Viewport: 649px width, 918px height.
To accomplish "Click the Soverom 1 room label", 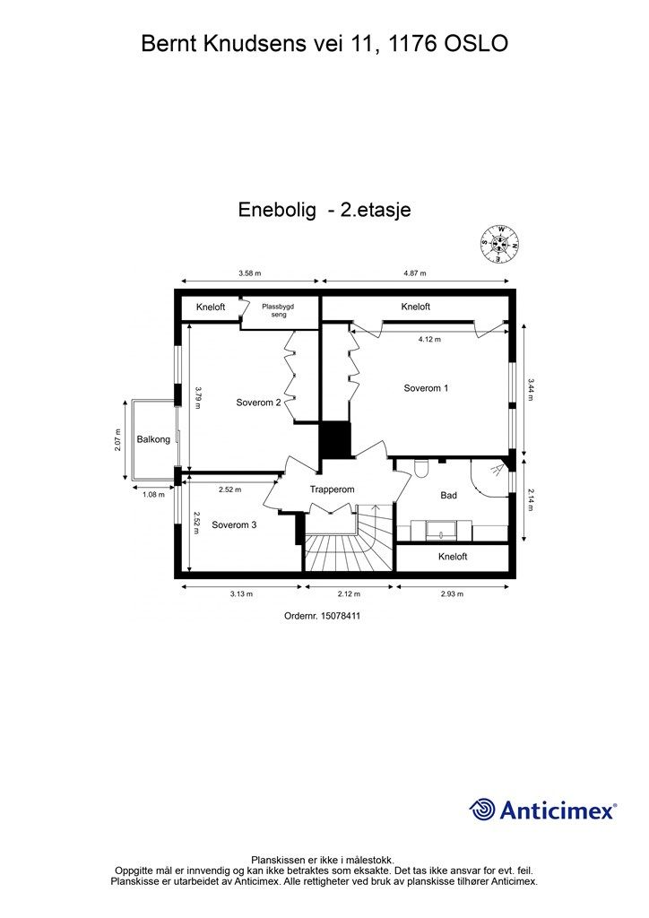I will click(x=426, y=388).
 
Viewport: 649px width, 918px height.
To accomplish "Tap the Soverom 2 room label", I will click(x=259, y=403).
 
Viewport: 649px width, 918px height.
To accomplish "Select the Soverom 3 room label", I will click(x=234, y=525).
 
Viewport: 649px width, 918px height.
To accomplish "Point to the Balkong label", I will click(x=153, y=440).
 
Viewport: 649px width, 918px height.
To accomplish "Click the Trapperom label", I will click(x=333, y=489).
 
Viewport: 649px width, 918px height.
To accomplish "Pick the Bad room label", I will click(x=449, y=495).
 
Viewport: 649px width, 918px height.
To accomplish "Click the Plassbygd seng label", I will click(x=278, y=310).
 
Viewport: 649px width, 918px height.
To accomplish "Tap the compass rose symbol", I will click(x=501, y=243).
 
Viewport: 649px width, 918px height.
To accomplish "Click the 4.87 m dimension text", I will click(x=414, y=273).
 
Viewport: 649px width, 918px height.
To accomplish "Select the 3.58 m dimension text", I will click(x=250, y=273).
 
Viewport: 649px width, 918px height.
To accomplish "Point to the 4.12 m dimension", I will click(x=432, y=340).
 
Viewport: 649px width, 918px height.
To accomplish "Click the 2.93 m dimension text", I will click(x=452, y=593).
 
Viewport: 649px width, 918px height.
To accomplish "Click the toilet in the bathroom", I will click(x=421, y=469).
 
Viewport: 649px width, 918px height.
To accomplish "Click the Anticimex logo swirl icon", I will click(x=483, y=810).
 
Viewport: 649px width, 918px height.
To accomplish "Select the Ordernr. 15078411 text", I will click(x=322, y=616).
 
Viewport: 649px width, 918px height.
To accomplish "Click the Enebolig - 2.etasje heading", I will click(x=324, y=210).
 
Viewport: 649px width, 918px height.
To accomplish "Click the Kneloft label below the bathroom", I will click(x=453, y=557).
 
